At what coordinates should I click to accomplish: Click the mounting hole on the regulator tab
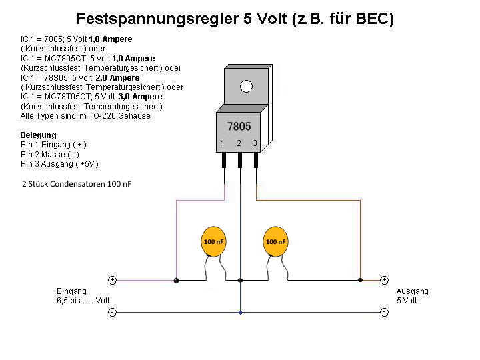[x=247, y=86]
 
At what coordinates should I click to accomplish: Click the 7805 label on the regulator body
[x=239, y=127]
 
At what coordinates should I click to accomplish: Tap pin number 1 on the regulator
[x=223, y=143]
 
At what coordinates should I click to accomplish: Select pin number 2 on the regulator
[x=239, y=143]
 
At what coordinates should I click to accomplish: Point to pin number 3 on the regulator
[x=255, y=143]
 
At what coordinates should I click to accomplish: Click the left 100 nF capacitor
[x=214, y=241]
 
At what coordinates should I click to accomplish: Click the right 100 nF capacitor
[x=275, y=241]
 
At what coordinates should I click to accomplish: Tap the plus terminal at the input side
[x=113, y=280]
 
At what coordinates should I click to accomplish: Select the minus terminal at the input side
[x=113, y=312]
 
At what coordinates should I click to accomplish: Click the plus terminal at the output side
[x=384, y=280]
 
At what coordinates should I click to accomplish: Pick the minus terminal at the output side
[x=384, y=312]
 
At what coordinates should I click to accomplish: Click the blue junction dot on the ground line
[x=241, y=313]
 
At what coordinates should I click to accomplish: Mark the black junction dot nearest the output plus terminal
[x=360, y=280]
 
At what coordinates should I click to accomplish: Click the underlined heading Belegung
[x=38, y=135]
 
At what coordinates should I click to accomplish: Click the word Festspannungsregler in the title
[x=157, y=19]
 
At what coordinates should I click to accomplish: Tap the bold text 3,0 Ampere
[x=140, y=97]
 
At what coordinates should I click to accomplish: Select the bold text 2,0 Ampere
[x=117, y=78]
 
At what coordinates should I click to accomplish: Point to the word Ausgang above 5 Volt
[x=413, y=291]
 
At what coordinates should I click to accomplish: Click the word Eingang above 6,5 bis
[x=71, y=291]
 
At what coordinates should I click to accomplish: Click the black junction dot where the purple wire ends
[x=176, y=280]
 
